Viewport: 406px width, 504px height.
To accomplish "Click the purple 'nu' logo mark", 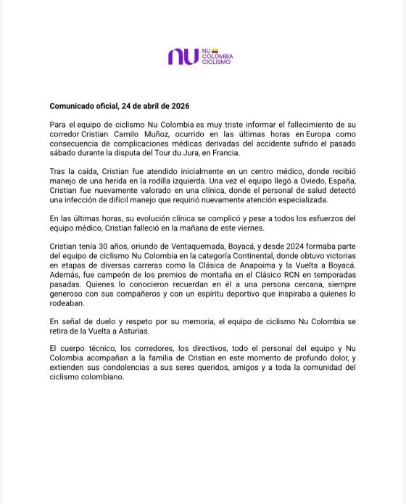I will click(x=183, y=57).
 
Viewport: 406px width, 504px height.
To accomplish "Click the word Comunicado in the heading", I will click(x=70, y=105).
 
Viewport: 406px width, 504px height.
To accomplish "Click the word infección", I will click(x=71, y=200).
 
